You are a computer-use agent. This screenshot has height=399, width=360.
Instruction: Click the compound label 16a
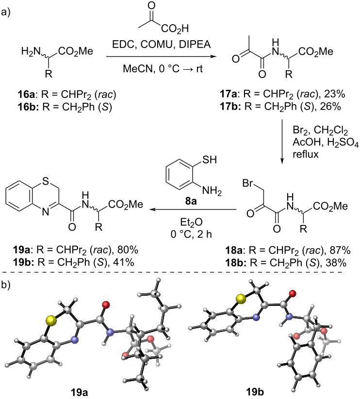coord(26,95)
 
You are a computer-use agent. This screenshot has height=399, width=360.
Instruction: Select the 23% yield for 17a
coord(335,94)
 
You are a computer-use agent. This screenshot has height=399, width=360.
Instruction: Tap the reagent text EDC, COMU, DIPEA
coord(162,44)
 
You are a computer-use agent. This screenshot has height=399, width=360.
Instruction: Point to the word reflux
coord(306,154)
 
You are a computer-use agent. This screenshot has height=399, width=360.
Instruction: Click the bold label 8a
coord(191,201)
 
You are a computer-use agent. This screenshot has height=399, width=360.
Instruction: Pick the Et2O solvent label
coord(191,223)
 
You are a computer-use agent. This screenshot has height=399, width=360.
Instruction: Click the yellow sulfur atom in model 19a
coord(51,320)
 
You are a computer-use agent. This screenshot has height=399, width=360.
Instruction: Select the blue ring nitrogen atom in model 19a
coord(74,339)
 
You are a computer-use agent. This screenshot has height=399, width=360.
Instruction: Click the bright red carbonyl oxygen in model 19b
coord(293,294)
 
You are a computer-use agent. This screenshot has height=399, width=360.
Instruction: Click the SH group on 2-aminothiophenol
coord(209,160)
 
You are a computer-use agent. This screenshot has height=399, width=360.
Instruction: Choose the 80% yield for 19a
coord(128,250)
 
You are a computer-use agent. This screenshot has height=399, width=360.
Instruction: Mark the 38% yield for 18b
coord(336,262)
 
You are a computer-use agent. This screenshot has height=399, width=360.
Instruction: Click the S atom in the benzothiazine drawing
coord(45,181)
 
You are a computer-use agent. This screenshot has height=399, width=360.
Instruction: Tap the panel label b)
coord(6,285)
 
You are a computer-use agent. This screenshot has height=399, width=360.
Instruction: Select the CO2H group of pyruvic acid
coord(175,29)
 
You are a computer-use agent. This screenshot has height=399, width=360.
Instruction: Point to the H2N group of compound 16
coord(31,52)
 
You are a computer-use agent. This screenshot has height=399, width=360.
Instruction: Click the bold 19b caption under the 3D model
coord(255,392)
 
